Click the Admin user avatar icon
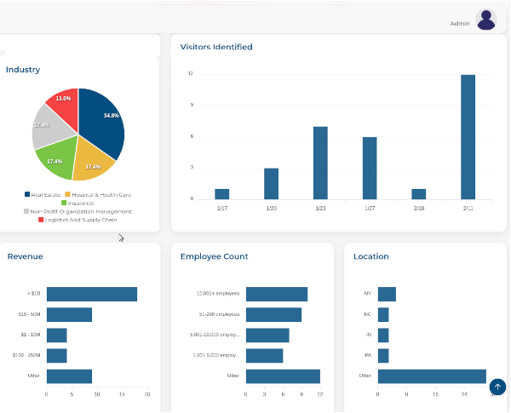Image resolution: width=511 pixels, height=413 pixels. coord(486,20)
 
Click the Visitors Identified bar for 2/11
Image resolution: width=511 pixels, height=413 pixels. coord(468,136)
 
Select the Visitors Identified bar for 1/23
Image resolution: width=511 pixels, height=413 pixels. coord(320,162)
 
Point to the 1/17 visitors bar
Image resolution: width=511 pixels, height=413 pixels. coord(221,193)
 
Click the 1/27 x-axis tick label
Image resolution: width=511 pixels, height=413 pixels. coord(370,207)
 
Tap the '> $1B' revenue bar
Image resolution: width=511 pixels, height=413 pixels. coord(92,295)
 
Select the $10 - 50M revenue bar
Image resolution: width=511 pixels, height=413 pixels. coord(69,315)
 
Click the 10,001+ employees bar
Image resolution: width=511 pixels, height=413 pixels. coord(277,295)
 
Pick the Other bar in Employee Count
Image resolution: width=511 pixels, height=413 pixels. coord(283,376)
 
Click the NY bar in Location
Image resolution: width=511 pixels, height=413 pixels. coord(387,295)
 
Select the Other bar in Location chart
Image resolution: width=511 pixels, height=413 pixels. coord(432,376)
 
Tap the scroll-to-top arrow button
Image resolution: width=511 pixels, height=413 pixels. coord(498,387)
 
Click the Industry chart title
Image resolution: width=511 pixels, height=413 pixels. coord(23,70)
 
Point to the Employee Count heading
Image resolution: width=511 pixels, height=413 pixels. coord(214,256)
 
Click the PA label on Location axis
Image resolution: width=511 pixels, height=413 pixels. coord(368,356)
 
